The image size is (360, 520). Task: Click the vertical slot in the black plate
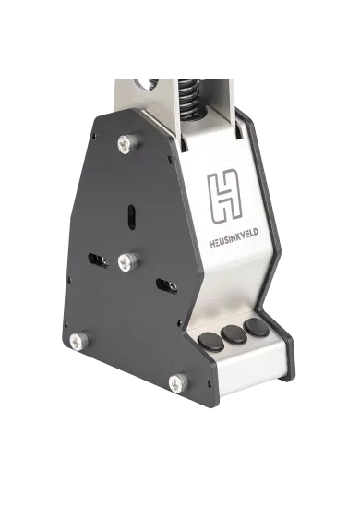pos(132,214)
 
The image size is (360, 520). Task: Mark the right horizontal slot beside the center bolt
pos(166,284)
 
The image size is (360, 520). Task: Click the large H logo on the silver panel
pos(224,196)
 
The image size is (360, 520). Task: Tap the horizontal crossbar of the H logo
pos(224,197)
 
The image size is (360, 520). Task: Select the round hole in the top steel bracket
pos(144,86)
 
